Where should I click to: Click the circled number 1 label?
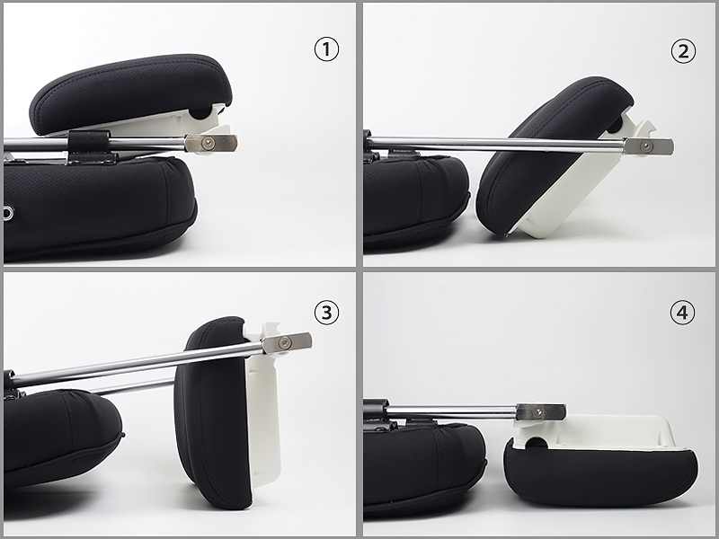(326, 49)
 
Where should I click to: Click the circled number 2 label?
(683, 51)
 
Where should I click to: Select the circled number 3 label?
(326, 313)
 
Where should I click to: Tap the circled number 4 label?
(682, 313)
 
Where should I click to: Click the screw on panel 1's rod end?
(210, 144)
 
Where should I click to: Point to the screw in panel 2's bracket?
(647, 146)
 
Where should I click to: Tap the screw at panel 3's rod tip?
(286, 342)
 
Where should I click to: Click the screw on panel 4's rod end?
(538, 412)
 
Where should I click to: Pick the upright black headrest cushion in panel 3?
(212, 412)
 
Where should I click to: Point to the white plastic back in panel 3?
(262, 412)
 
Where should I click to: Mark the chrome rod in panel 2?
(495, 143)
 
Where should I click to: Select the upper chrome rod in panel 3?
(138, 363)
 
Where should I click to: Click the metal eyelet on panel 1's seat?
(8, 213)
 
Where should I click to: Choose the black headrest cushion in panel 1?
(130, 94)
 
